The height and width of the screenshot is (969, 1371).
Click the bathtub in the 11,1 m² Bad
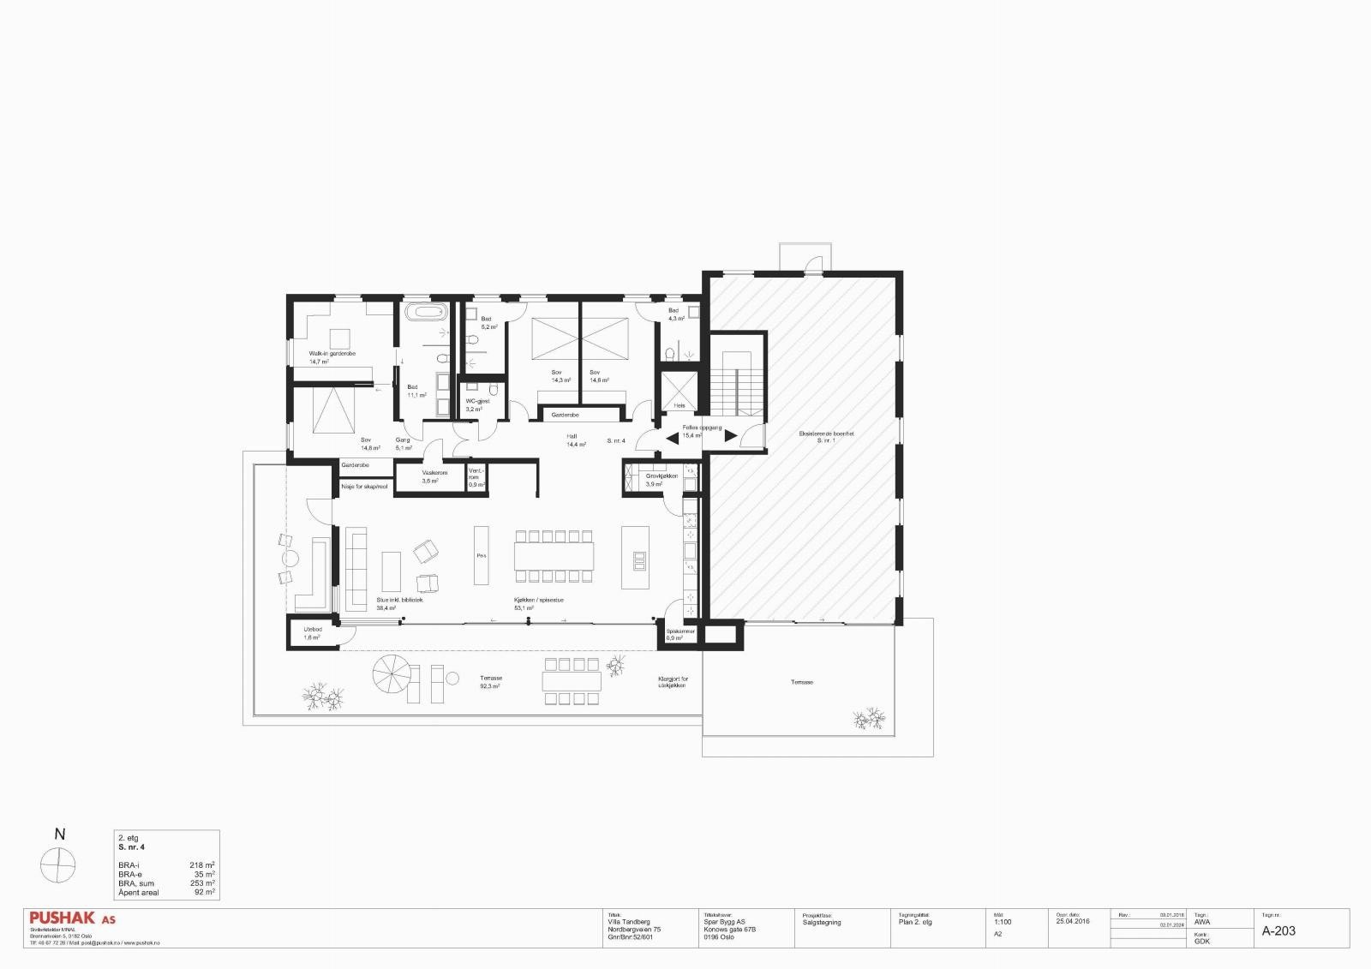pyautogui.click(x=425, y=311)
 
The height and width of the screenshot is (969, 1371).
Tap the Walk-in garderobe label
pyautogui.click(x=332, y=354)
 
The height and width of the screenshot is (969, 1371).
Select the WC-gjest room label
pyautogui.click(x=477, y=401)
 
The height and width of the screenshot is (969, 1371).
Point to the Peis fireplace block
pyautogui.click(x=482, y=555)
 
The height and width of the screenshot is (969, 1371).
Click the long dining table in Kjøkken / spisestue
pyautogui.click(x=554, y=555)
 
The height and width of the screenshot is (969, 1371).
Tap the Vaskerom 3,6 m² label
pyautogui.click(x=434, y=473)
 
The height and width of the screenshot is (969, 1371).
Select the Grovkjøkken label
pyautogui.click(x=662, y=476)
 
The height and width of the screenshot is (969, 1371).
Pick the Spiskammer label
pyautogui.click(x=680, y=631)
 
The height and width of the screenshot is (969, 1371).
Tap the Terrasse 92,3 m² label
pyautogui.click(x=491, y=679)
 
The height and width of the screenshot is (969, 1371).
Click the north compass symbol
pyautogui.click(x=58, y=864)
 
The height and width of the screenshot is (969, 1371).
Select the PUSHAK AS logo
pyautogui.click(x=72, y=918)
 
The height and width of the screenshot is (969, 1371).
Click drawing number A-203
pyautogui.click(x=1278, y=931)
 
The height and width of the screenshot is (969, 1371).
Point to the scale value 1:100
pyautogui.click(x=1003, y=923)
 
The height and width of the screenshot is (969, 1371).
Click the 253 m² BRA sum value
pyautogui.click(x=202, y=883)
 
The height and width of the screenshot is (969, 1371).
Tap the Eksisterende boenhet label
pyautogui.click(x=826, y=434)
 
